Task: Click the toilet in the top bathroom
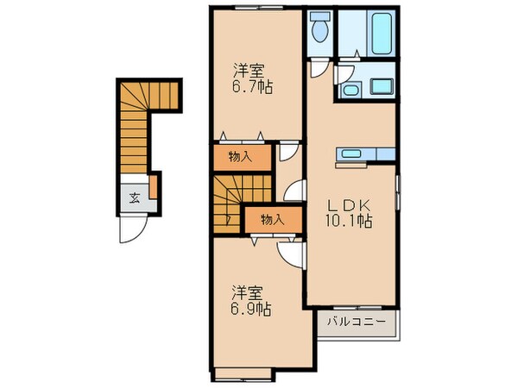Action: [x=319, y=29]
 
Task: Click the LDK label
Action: [x=350, y=205]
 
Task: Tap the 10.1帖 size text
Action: [x=350, y=222]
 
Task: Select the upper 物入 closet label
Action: [x=240, y=156]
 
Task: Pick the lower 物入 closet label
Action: [x=272, y=220]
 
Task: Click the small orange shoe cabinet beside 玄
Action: [x=153, y=186]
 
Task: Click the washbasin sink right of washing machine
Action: [x=381, y=86]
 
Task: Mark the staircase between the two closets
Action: [x=226, y=202]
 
